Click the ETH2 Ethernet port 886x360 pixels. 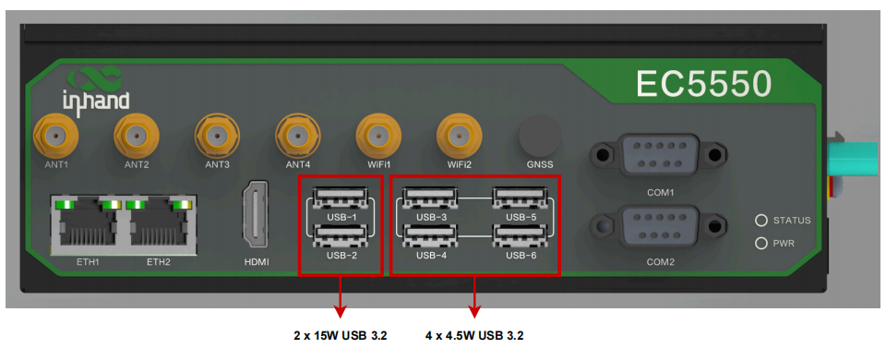pos(158,223)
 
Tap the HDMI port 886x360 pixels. pos(257,216)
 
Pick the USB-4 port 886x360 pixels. pos(432,237)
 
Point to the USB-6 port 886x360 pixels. pos(521,237)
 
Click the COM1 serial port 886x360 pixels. pos(657,153)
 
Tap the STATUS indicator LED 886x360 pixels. pos(761,221)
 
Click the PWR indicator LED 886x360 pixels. pos(761,244)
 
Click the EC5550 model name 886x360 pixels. pos(703,84)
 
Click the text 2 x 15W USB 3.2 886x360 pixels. pos(341,336)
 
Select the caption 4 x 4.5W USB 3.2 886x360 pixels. pos(474,336)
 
